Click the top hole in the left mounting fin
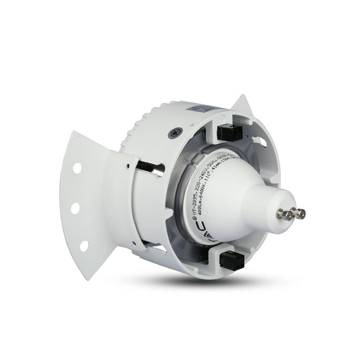tap(77, 169)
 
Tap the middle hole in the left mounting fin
tap(74, 208)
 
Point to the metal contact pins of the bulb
tap(295, 213)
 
